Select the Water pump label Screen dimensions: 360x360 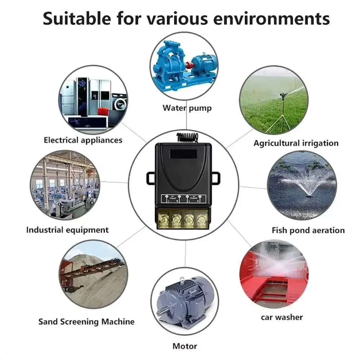pos(187,108)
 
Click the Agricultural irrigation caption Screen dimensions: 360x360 pos(296,143)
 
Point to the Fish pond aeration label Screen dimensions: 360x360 pos(308,230)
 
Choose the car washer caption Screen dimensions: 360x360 pos(282,317)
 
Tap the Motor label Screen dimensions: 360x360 pos(185,346)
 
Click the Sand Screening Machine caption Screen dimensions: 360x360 pos(86,321)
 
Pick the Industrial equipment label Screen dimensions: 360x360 pos(67,230)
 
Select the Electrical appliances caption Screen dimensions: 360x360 pos(83,140)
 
